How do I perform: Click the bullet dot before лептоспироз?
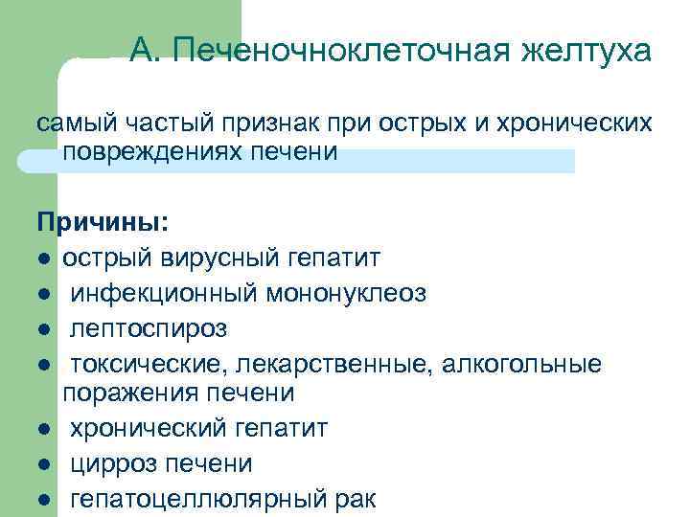coord(45,330)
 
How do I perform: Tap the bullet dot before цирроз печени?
coord(45,465)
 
